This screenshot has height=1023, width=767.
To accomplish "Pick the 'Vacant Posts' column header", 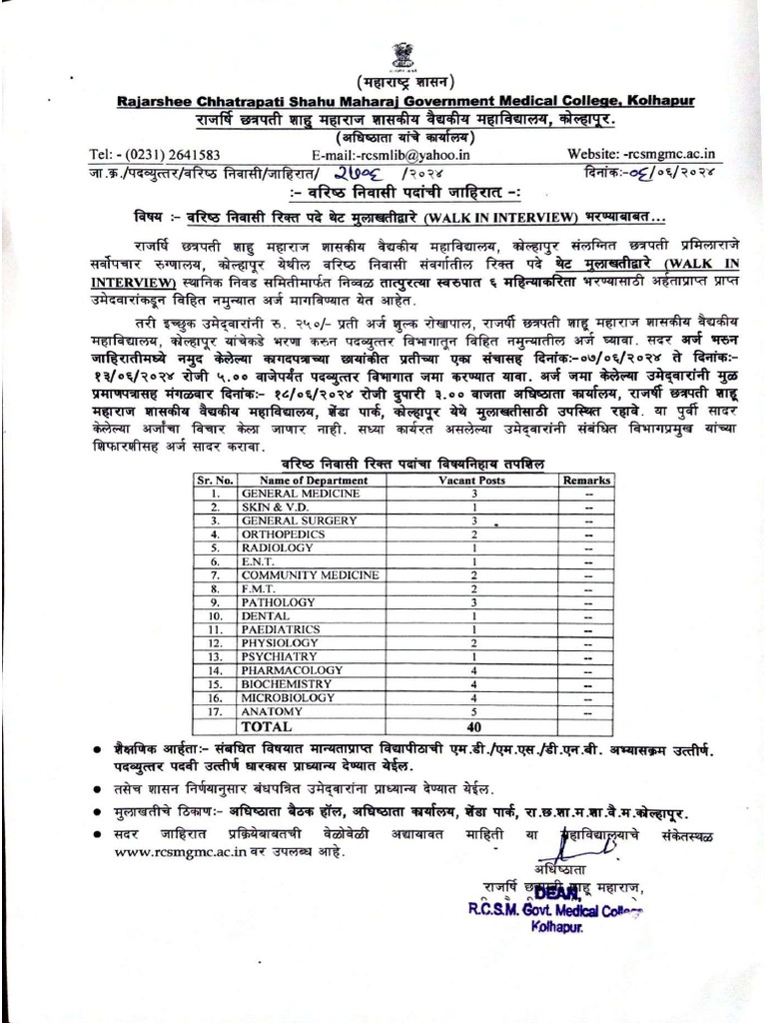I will pyautogui.click(x=474, y=481).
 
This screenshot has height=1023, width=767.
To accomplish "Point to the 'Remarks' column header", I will pyautogui.click(x=586, y=481).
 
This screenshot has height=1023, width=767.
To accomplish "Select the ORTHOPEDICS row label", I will pyautogui.click(x=277, y=534).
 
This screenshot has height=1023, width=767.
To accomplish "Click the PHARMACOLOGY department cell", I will pyautogui.click(x=285, y=670).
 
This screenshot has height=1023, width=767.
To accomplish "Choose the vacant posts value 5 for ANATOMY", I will pyautogui.click(x=475, y=711).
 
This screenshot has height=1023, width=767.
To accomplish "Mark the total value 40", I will pyautogui.click(x=475, y=726).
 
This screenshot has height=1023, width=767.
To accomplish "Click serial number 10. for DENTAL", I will pyautogui.click(x=214, y=616).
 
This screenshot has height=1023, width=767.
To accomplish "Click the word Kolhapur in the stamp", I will pyautogui.click(x=562, y=928).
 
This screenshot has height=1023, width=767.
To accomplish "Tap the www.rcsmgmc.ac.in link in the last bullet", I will pyautogui.click(x=147, y=854).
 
